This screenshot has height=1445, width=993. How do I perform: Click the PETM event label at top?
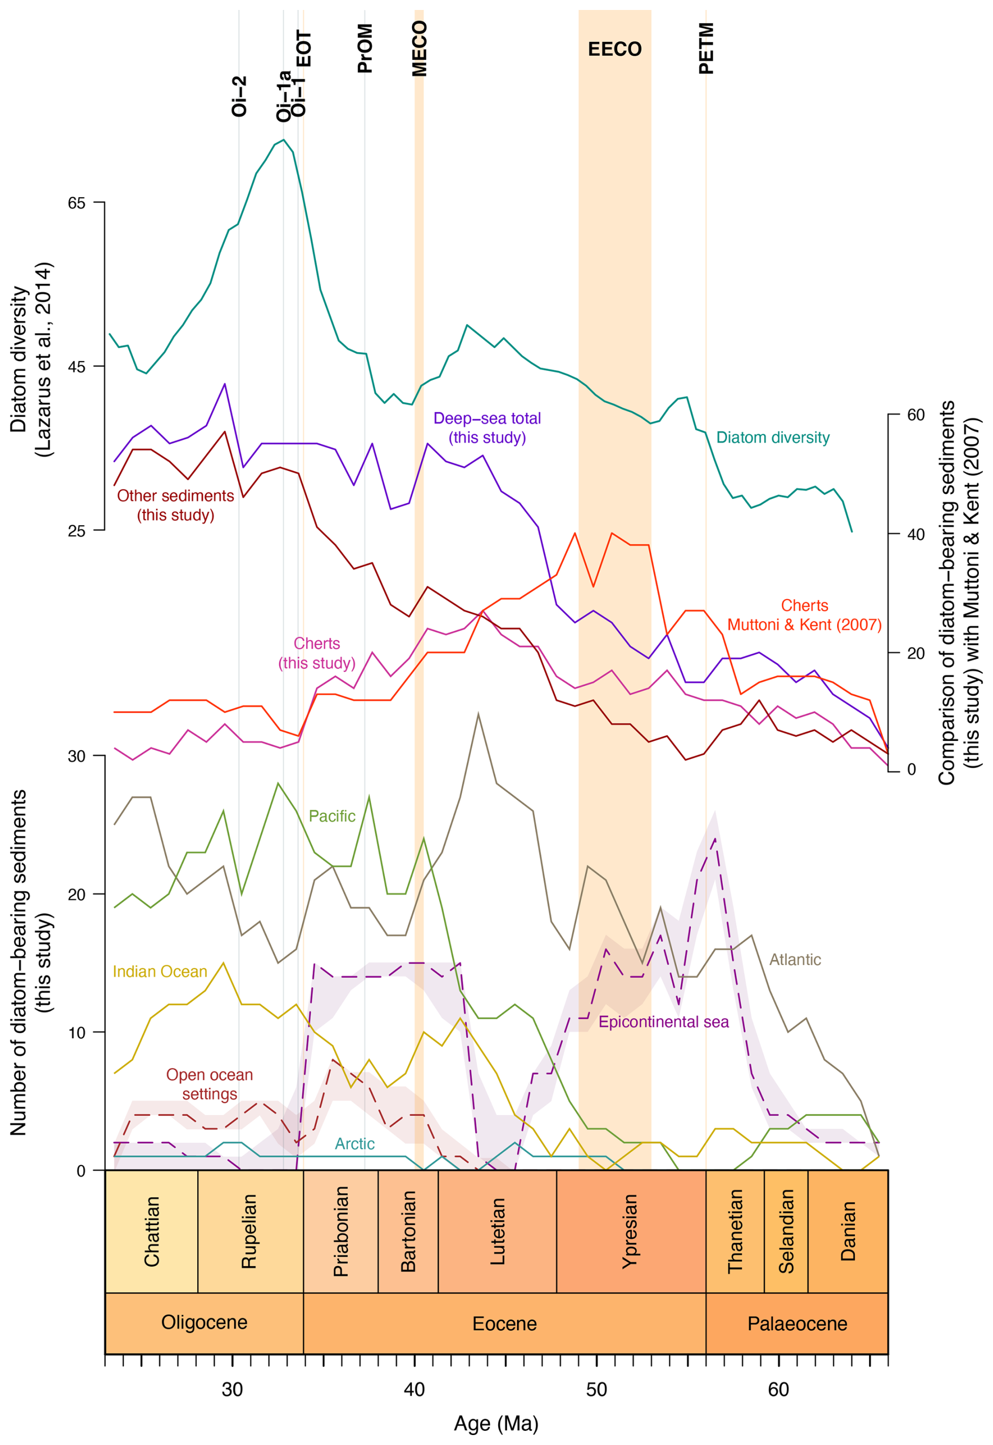pyautogui.click(x=706, y=48)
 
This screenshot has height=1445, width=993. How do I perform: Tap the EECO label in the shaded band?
pyautogui.click(x=615, y=49)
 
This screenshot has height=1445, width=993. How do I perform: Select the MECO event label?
pyautogui.click(x=420, y=48)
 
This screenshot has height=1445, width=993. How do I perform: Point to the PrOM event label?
pyautogui.click(x=365, y=48)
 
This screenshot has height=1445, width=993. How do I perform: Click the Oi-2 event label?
pyautogui.click(x=239, y=97)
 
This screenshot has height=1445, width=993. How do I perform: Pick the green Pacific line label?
pyautogui.click(x=332, y=816)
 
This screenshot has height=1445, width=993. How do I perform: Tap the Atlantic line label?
pyautogui.click(x=795, y=959)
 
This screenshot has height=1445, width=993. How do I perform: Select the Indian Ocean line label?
pyautogui.click(x=160, y=972)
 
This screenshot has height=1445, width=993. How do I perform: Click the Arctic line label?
pyautogui.click(x=355, y=1143)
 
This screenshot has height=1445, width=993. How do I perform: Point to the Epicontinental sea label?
pyautogui.click(x=663, y=1022)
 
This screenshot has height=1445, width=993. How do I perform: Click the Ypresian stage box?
pyautogui.click(x=630, y=1231)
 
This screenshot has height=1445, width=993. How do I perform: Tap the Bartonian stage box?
pyautogui.click(x=408, y=1231)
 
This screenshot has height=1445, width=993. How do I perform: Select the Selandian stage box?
pyautogui.click(x=786, y=1231)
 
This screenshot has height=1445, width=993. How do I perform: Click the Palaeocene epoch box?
pyautogui.click(x=797, y=1324)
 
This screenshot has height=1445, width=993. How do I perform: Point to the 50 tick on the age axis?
pyautogui.click(x=596, y=1389)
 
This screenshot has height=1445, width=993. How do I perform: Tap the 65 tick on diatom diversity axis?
pyautogui.click(x=77, y=203)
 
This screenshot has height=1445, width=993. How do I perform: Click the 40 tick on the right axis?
pyautogui.click(x=915, y=534)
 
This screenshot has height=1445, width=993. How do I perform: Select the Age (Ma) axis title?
pyautogui.click(x=496, y=1423)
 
